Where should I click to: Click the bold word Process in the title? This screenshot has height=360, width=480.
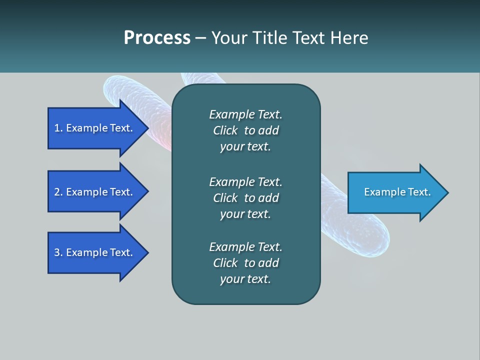pyautogui.click(x=157, y=38)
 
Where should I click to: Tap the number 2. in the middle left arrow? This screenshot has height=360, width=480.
pyautogui.click(x=58, y=192)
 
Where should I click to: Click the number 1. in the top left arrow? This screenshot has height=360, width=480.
pyautogui.click(x=58, y=128)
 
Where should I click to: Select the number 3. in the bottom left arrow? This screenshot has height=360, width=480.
pyautogui.click(x=58, y=252)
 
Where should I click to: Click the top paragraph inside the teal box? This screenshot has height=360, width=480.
pyautogui.click(x=245, y=130)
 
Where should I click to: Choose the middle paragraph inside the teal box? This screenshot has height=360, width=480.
pyautogui.click(x=245, y=198)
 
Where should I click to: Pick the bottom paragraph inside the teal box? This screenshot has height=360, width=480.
pyautogui.click(x=245, y=263)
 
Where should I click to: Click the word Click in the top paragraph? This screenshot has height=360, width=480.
pyautogui.click(x=225, y=130)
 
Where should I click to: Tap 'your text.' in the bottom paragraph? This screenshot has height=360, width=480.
pyautogui.click(x=245, y=279)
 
